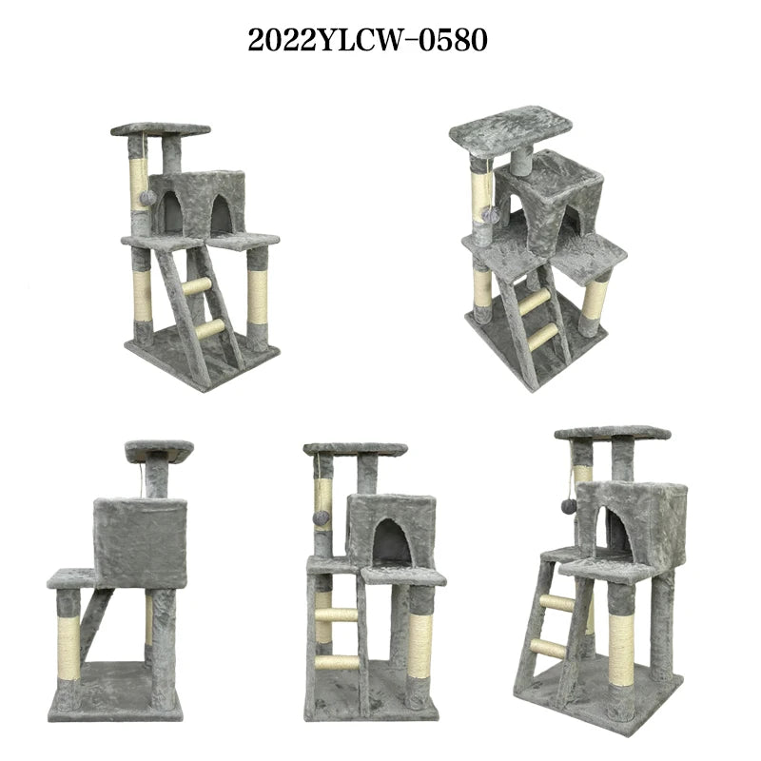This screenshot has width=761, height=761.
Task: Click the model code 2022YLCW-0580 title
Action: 367,40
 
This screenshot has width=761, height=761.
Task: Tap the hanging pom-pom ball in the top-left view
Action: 147,197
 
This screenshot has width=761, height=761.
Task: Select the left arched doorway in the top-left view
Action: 172,211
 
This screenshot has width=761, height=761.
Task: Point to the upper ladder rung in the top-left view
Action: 197,286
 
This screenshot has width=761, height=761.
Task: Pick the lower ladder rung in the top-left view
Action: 210,329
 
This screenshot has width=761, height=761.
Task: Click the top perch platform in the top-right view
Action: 511,129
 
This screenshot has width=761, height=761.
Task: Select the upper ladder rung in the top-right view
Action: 536,301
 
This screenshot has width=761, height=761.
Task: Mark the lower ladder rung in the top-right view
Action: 543,337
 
